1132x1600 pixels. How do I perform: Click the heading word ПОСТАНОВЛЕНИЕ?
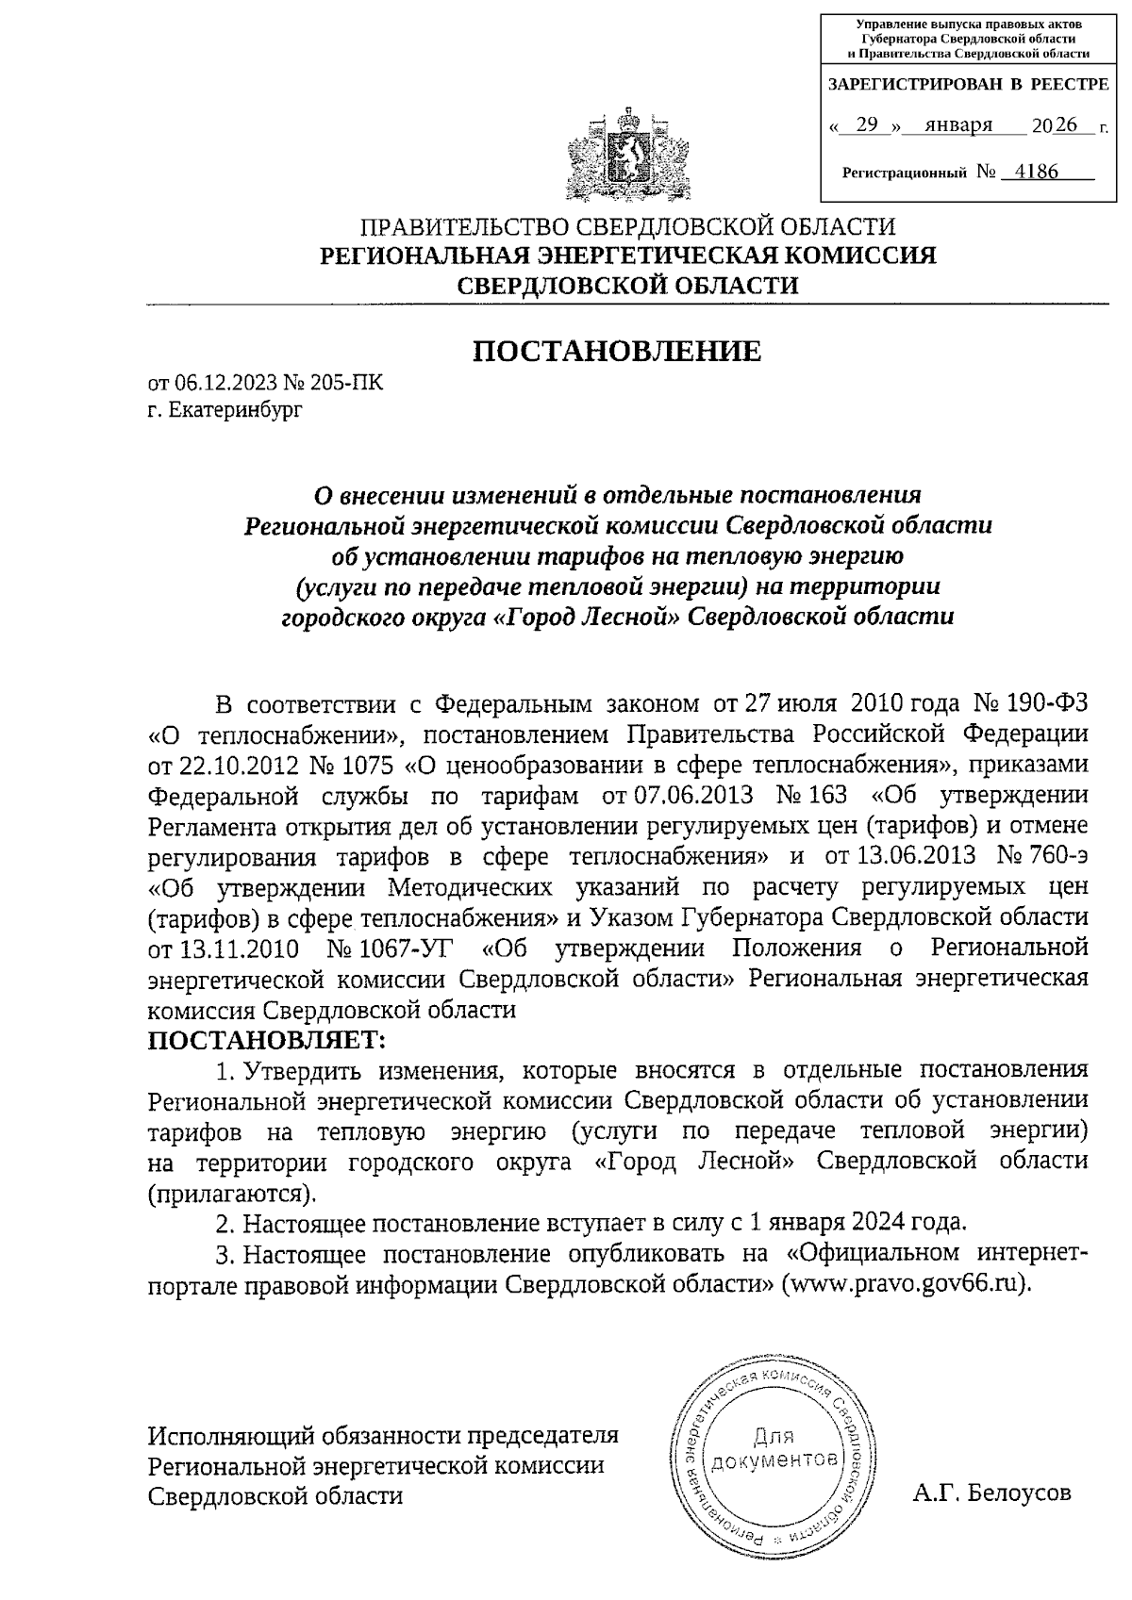pos(616,351)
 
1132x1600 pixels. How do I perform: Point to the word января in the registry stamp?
pos(958,125)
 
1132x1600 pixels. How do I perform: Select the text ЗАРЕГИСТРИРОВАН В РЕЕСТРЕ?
pos(968,84)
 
